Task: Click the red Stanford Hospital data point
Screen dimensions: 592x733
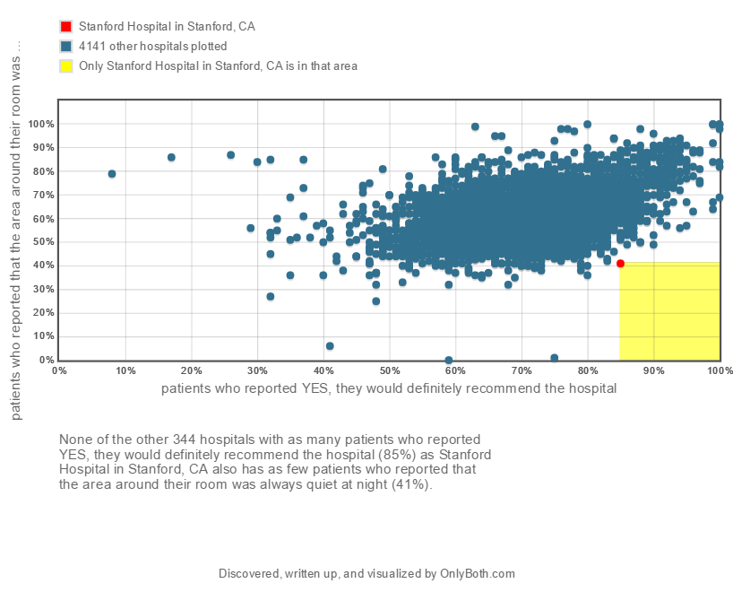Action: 620,263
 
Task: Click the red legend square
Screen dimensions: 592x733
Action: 65,27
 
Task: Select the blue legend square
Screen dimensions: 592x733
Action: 65,47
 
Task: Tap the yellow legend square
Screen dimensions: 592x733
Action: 65,66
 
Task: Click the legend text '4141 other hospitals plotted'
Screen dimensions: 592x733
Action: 152,47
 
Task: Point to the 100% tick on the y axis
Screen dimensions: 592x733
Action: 43,124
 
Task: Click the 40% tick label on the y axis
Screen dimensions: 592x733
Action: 43,266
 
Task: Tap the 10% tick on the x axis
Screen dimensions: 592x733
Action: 125,370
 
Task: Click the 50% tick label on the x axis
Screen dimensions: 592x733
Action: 390,370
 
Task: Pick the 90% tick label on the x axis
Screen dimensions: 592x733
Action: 654,370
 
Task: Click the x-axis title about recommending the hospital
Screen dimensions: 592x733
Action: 389,388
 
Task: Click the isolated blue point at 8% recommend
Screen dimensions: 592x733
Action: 112,173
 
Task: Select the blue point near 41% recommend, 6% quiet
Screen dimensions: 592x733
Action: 330,345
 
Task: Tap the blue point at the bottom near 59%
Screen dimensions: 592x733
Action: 449,360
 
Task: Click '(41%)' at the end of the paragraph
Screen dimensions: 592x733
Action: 411,484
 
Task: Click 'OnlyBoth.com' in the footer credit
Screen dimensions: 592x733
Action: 478,574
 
